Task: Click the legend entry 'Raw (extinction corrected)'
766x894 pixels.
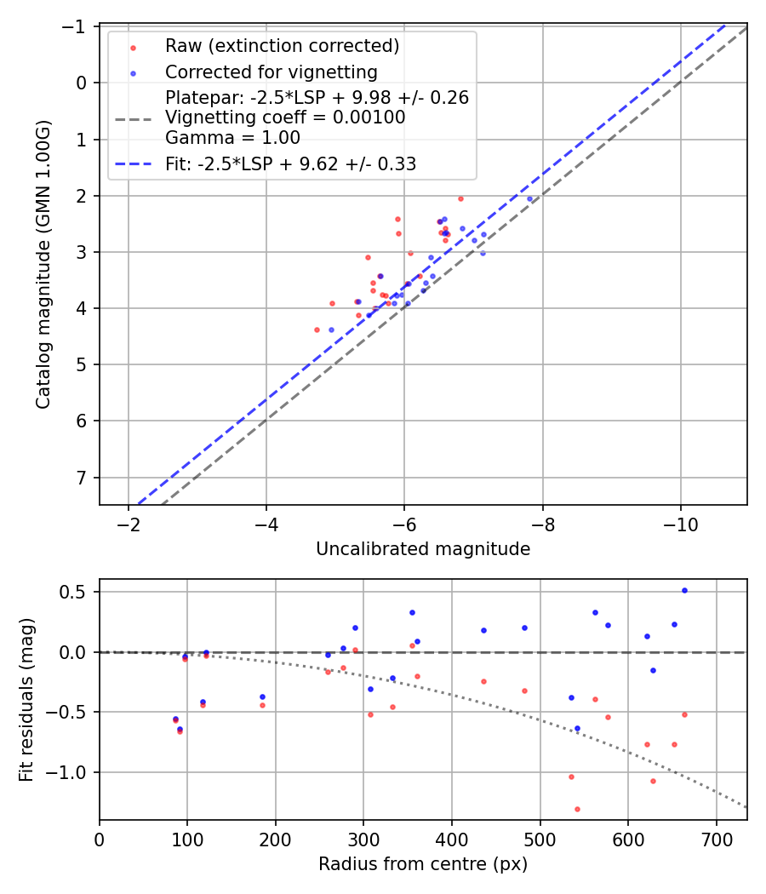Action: click(x=282, y=46)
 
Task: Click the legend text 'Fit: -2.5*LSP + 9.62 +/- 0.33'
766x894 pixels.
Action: click(x=290, y=164)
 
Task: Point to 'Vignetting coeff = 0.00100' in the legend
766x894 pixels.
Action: click(x=285, y=117)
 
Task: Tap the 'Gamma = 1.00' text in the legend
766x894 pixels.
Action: click(x=232, y=137)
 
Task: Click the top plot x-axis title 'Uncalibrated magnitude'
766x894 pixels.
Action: click(x=423, y=549)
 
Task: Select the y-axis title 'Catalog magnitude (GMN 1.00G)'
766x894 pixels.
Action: click(x=43, y=265)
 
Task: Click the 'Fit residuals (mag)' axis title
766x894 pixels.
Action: click(x=26, y=699)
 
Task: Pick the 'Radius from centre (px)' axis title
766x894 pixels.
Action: click(x=423, y=864)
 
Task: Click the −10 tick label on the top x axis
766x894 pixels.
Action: click(x=680, y=525)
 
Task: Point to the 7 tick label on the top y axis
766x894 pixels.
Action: click(x=83, y=477)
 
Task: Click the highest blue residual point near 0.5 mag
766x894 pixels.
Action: click(x=684, y=590)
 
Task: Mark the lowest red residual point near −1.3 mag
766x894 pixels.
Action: click(x=577, y=809)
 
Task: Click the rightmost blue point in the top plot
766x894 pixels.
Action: click(x=529, y=198)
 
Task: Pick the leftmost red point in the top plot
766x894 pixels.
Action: click(x=317, y=330)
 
